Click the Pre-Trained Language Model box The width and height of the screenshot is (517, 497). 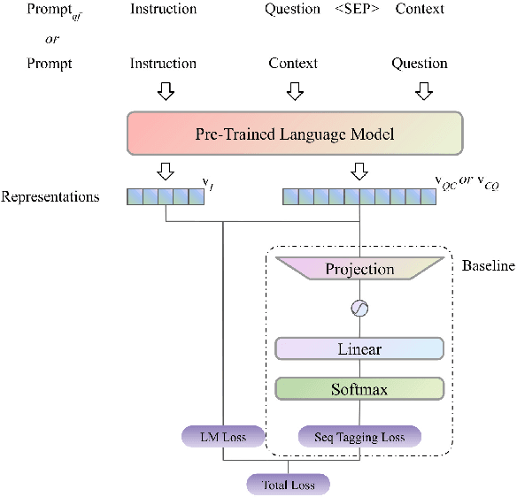[294, 135]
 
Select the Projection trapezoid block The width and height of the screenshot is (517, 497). [359, 269]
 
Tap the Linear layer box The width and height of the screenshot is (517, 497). [359, 348]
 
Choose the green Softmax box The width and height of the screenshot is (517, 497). [359, 389]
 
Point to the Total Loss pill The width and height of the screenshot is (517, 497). [288, 485]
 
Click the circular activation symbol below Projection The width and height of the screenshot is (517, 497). [359, 309]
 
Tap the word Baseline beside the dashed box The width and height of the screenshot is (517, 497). [489, 265]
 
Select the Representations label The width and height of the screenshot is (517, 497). [50, 196]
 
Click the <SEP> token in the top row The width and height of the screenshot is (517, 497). [359, 9]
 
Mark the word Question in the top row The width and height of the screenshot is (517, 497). [292, 9]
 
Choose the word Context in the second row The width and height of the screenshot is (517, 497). [292, 64]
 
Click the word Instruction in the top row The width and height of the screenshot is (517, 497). [163, 9]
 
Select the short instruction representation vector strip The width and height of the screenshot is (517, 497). [164, 196]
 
